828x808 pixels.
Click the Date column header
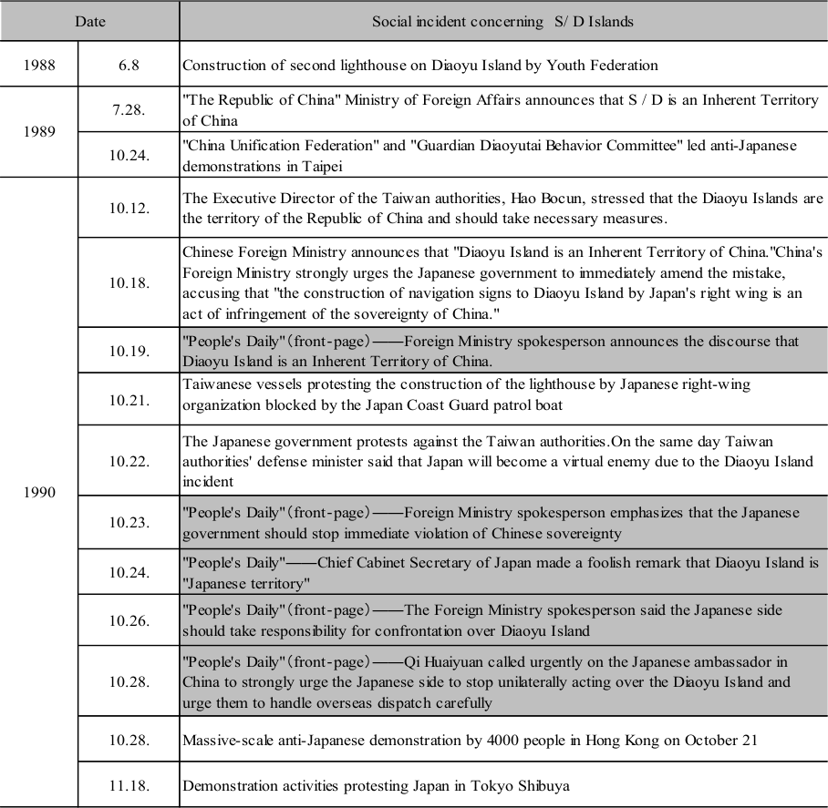coord(89,21)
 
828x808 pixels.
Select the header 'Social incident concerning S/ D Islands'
coord(502,21)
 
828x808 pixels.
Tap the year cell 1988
coord(39,66)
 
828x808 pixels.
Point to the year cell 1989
coord(39,131)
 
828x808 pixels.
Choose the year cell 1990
coord(39,493)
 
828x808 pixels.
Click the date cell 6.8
coord(129,66)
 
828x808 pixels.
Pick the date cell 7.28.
coord(129,109)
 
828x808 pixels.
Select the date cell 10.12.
coord(129,208)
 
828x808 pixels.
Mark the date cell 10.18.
coord(129,282)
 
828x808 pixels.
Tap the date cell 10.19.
coord(129,351)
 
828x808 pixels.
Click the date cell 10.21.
coord(129,399)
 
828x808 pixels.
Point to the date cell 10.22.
coord(129,461)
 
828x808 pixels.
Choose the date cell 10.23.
coord(129,523)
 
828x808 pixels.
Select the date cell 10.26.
coord(129,619)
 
